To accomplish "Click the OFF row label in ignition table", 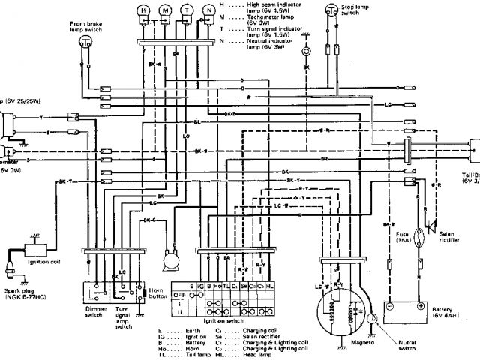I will pyautogui.click(x=180, y=295).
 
